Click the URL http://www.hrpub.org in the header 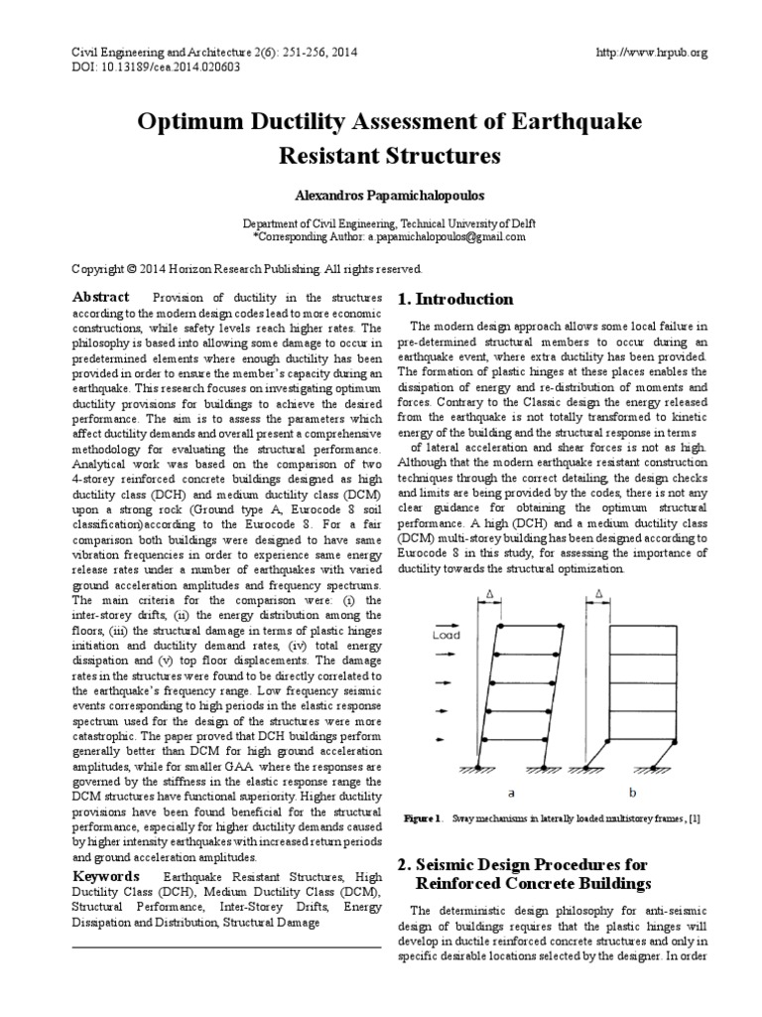pyautogui.click(x=650, y=52)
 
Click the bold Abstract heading pyautogui.click(x=101, y=297)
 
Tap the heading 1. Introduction pyautogui.click(x=454, y=299)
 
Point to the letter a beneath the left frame pyautogui.click(x=509, y=793)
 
